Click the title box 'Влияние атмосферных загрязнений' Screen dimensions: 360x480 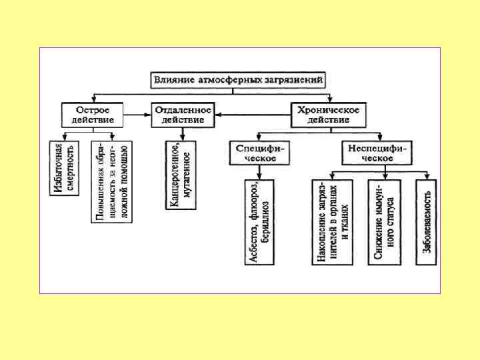[239, 80]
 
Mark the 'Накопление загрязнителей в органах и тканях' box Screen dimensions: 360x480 [332, 223]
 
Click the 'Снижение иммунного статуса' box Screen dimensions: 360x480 [385, 223]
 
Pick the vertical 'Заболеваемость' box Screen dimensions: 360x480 [427, 223]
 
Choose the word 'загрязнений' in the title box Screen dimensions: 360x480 [297, 80]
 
